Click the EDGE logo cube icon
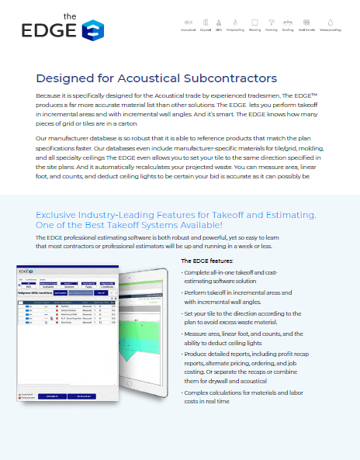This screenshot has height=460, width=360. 92,31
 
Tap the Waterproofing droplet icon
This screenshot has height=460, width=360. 331,22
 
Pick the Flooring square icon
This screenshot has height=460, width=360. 254,22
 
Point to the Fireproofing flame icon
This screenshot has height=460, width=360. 235,22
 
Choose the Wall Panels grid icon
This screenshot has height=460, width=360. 308,22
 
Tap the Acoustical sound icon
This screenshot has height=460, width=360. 188,22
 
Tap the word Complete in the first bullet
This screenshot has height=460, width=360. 196,275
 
